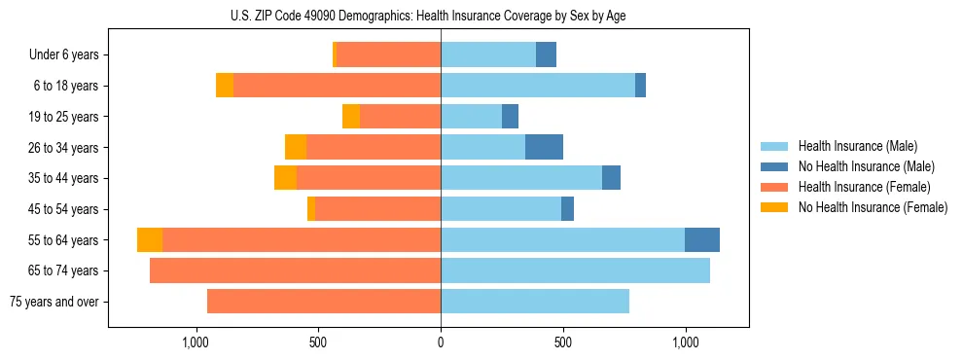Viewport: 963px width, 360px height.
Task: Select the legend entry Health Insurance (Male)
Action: [x=857, y=146]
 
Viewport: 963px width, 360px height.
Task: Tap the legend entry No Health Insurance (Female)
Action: [x=873, y=207]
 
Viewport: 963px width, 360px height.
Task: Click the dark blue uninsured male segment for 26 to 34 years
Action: [x=544, y=148]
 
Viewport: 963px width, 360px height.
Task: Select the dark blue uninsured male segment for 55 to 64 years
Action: [x=701, y=240]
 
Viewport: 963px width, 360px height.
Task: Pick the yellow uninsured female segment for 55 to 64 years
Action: [x=150, y=240]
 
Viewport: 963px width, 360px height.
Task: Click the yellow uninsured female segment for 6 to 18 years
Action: [x=225, y=86]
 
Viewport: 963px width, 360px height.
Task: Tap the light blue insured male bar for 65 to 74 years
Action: [x=575, y=270]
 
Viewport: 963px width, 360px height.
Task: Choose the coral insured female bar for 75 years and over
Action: [x=324, y=302]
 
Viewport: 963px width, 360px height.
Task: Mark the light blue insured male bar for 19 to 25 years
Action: [x=471, y=117]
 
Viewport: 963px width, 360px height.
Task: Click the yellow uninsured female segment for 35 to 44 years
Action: [x=285, y=178]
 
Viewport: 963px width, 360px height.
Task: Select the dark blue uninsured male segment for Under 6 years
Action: [x=546, y=55]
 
